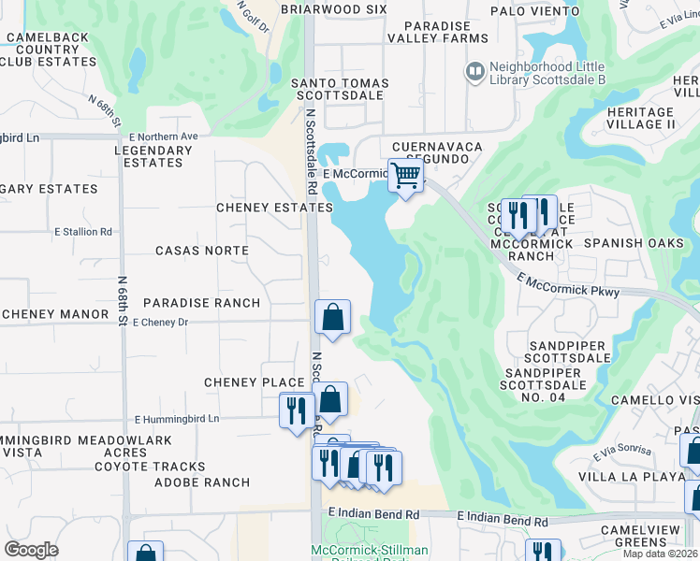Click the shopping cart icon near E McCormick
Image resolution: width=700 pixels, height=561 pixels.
click(405, 176)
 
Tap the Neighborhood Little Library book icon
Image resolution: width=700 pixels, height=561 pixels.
click(475, 71)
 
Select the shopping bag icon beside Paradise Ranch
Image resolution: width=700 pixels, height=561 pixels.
click(332, 318)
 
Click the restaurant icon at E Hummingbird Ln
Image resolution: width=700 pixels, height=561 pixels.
click(297, 410)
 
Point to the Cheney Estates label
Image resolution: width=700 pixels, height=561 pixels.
click(274, 208)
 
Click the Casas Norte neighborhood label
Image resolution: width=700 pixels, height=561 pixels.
click(201, 251)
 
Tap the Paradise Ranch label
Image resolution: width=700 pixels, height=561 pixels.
click(201, 303)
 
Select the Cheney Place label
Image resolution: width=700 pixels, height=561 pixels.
click(255, 382)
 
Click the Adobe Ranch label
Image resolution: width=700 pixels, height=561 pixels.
click(202, 482)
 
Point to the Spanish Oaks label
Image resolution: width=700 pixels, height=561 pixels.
click(626, 243)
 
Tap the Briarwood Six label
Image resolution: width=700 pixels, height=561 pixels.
click(333, 8)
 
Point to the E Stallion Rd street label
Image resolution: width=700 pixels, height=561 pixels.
click(83, 232)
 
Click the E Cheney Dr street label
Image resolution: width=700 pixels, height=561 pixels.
click(161, 323)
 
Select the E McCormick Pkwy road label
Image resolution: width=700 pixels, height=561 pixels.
click(567, 285)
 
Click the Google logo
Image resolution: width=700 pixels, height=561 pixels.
click(32, 550)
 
